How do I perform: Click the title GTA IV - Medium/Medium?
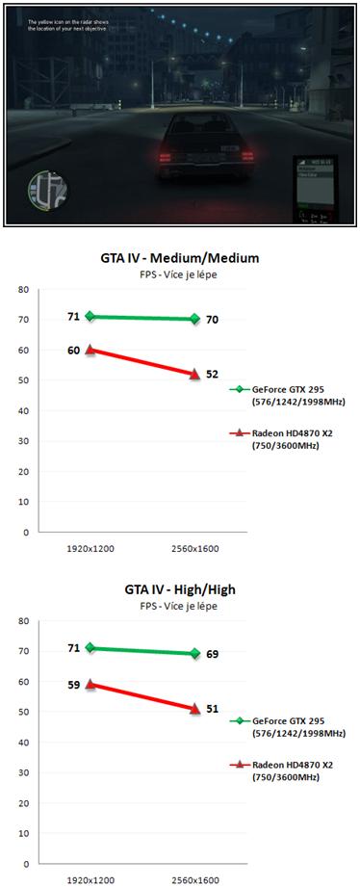(180, 258)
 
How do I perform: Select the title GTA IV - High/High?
(180, 589)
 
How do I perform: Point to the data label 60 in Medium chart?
(73, 351)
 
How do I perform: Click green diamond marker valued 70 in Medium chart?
(194, 319)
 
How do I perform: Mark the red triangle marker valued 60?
(90, 350)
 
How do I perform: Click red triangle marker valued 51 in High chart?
(194, 708)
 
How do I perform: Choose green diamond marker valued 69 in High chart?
(194, 653)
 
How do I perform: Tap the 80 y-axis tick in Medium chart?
(24, 289)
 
